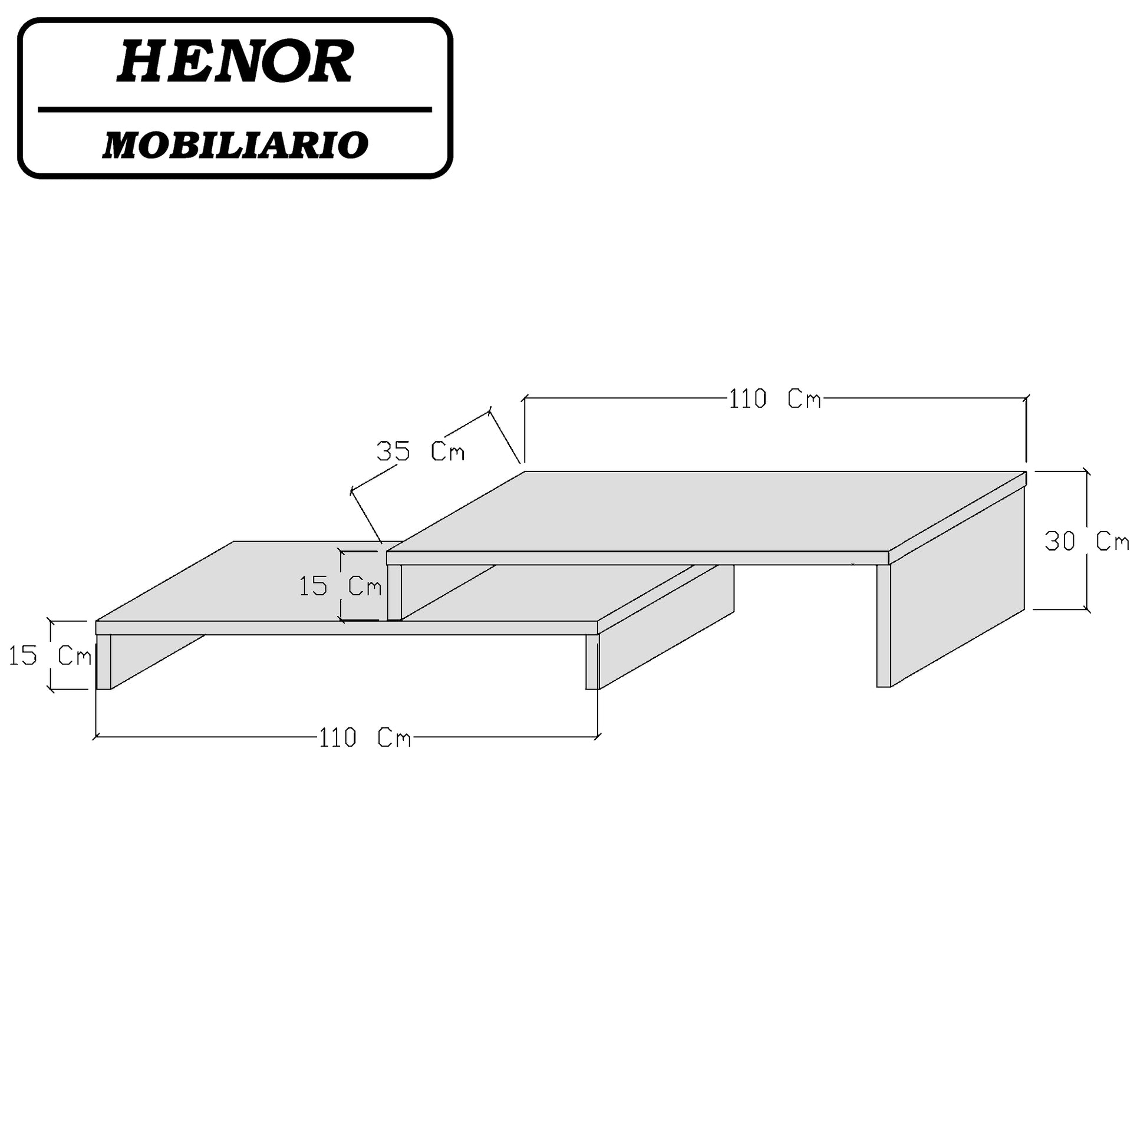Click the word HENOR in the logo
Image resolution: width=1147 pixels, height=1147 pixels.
(235, 62)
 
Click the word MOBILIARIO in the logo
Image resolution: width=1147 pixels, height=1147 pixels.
(235, 145)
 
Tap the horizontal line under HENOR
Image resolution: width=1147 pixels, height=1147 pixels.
(235, 110)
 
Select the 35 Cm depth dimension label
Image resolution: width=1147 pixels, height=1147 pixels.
(420, 453)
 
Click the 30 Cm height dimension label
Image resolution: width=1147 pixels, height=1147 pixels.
(1086, 542)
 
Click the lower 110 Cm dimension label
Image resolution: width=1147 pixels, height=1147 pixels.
(364, 738)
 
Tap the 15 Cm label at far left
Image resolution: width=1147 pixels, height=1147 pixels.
(50, 655)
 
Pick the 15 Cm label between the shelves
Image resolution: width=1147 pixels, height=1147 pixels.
(340, 586)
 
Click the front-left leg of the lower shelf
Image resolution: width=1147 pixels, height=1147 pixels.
(103, 662)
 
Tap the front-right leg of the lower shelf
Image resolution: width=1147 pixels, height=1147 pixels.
(592, 662)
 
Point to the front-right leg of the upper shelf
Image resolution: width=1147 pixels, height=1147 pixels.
(884, 626)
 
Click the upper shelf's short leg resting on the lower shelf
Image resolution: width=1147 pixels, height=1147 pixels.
(394, 592)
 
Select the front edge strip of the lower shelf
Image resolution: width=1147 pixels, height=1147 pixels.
(347, 628)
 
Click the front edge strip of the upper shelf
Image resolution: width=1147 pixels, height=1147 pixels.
(637, 558)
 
